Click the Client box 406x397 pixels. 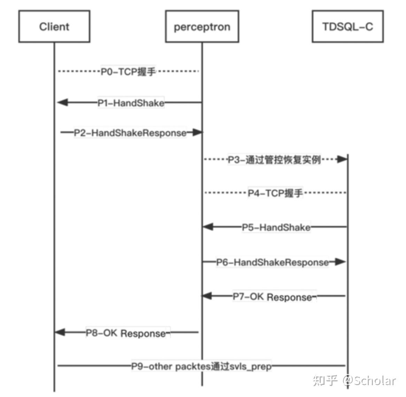click(x=54, y=26)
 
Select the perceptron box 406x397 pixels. click(x=202, y=26)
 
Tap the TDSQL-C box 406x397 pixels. click(x=348, y=26)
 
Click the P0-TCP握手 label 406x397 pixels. click(x=128, y=72)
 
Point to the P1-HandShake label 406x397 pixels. click(x=131, y=103)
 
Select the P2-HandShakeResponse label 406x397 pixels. click(x=130, y=133)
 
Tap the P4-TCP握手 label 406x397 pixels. click(x=275, y=193)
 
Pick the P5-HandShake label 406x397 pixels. click(x=276, y=227)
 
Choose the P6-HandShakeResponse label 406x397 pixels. click(x=273, y=262)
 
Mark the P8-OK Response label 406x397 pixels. click(x=126, y=333)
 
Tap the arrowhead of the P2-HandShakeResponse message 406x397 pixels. click(x=197, y=132)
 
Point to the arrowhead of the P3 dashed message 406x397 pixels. click(x=342, y=159)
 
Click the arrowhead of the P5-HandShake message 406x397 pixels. click(x=208, y=227)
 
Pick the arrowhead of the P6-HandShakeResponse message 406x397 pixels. click(x=340, y=262)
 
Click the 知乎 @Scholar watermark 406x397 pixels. click(x=354, y=380)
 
